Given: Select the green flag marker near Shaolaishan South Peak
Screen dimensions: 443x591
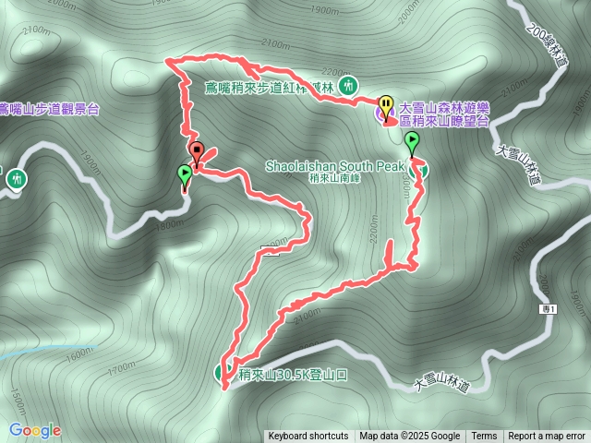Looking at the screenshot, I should coord(411,142).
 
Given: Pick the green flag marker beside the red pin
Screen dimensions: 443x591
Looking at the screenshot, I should coord(185,174).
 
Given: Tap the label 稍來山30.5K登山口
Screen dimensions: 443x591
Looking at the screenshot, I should coord(293,375).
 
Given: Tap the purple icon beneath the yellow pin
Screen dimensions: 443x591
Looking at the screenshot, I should coord(387,115).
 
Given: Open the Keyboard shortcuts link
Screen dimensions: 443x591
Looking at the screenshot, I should coord(308,437).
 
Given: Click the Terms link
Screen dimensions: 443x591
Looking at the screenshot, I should coord(484,437).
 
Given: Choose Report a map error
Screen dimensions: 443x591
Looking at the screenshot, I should coord(547,437).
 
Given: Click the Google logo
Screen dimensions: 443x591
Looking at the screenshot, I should coord(34,430).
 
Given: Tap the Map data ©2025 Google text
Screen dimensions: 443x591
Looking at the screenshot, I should coord(409,437).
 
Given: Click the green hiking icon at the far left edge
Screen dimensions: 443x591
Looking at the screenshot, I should coord(16,178).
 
